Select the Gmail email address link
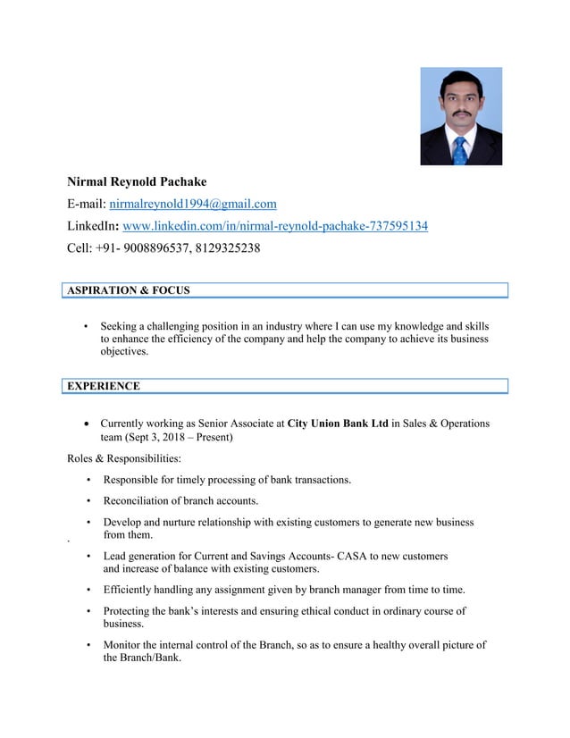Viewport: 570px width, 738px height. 193,204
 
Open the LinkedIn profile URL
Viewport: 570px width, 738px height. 274,226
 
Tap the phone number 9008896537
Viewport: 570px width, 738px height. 160,248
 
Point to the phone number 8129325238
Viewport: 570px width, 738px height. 228,248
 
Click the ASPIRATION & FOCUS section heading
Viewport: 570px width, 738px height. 128,290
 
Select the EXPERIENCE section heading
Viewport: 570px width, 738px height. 103,386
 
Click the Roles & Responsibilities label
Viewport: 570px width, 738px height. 124,458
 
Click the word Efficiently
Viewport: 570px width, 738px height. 133,590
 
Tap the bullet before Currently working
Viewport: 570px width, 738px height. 86,424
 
